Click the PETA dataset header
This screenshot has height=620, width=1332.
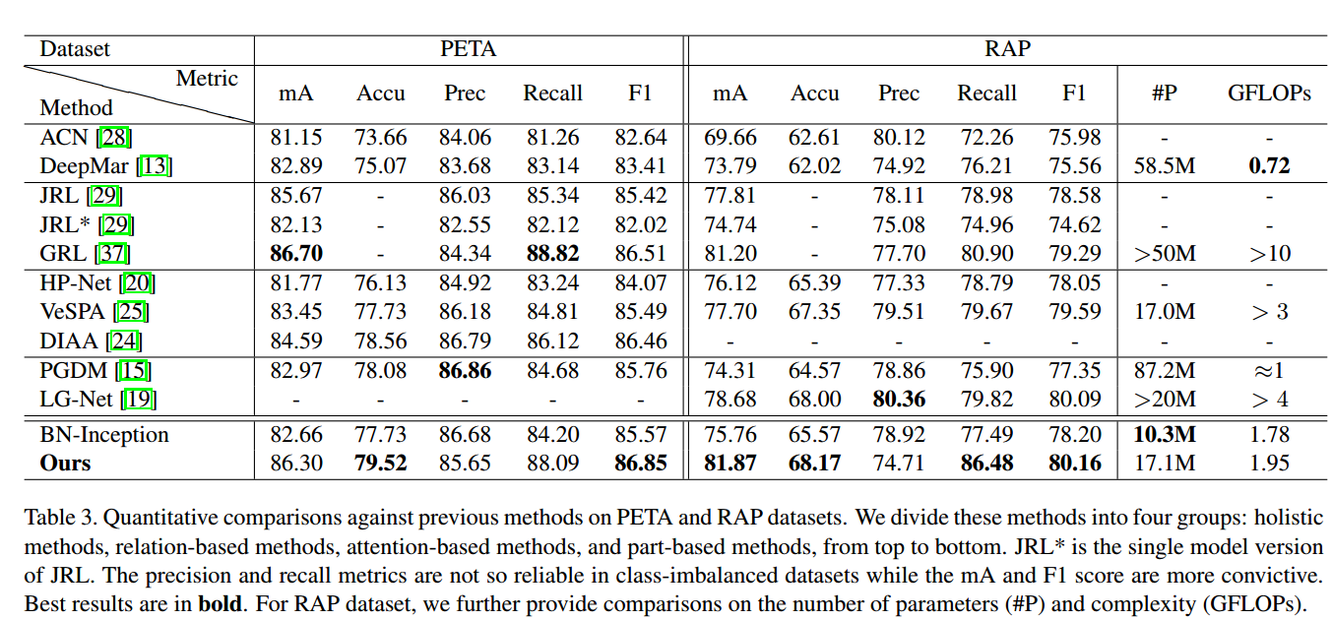468,48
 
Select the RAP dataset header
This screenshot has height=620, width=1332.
1007,48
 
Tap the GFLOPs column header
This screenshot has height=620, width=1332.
1268,93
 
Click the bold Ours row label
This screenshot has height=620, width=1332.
65,463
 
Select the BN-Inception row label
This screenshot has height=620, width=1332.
104,435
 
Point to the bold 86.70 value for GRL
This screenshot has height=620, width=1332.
295,254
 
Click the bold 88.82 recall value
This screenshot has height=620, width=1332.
552,254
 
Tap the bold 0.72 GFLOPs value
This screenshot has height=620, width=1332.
1268,166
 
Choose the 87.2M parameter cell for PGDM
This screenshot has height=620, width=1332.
1164,371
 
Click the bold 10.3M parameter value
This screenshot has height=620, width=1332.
1164,435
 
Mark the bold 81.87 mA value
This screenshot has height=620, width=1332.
729,463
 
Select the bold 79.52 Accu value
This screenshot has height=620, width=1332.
381,463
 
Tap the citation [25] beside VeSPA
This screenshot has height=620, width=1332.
132,313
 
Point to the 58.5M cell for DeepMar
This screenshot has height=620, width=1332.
1164,166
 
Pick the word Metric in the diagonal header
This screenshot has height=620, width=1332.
207,78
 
